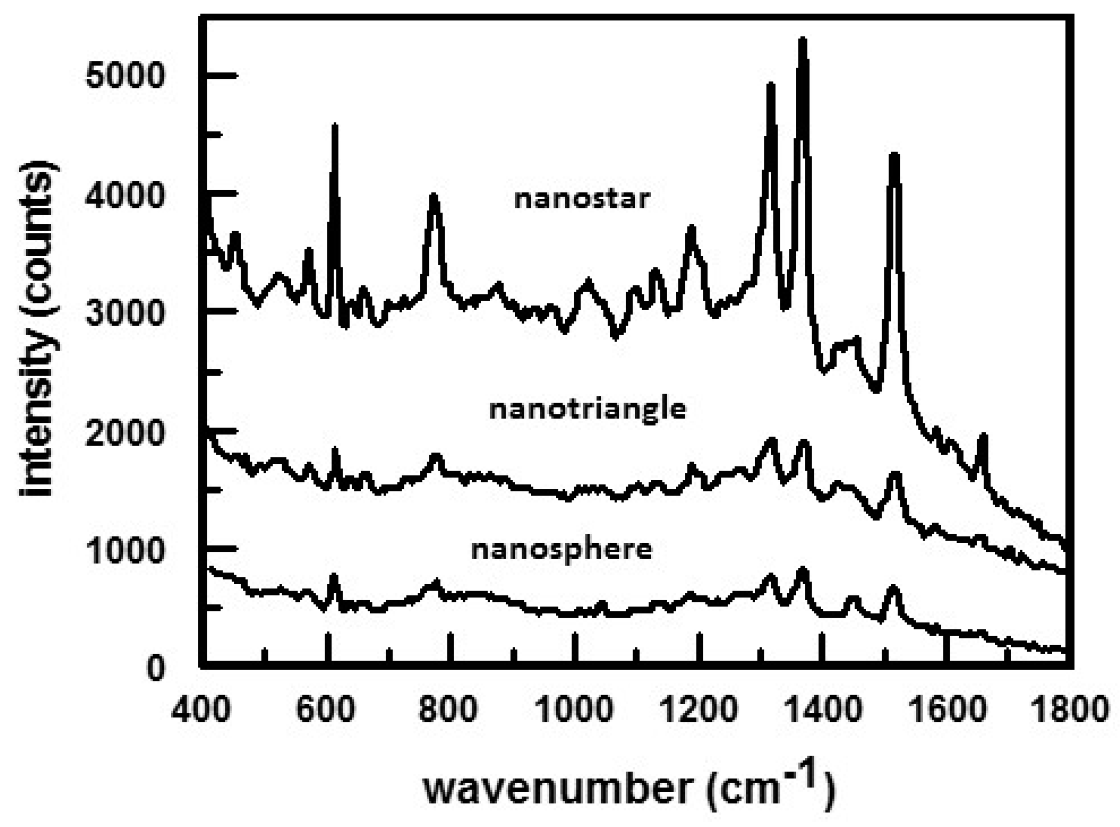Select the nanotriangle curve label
click(x=587, y=410)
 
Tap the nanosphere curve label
click(x=562, y=550)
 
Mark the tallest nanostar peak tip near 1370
click(x=802, y=40)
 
